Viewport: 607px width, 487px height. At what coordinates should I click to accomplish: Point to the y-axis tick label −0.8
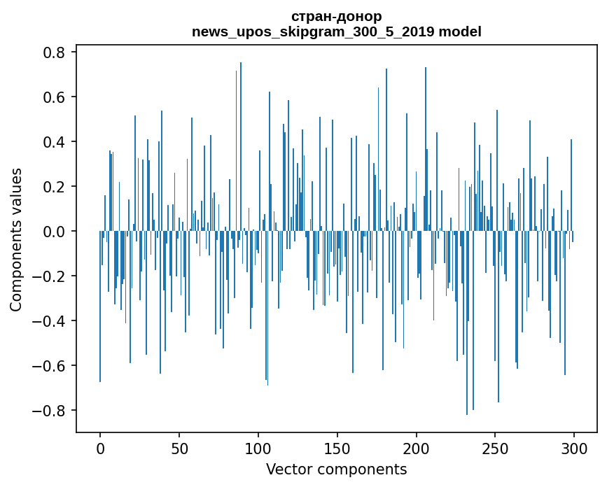coord(49,411)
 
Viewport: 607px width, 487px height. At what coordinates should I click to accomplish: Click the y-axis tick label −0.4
coord(49,321)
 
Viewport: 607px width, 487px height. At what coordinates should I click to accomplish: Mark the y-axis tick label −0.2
coord(49,276)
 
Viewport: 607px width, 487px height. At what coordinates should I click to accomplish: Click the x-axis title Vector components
coord(336,469)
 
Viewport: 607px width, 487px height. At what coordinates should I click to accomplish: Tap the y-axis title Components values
coord(16,239)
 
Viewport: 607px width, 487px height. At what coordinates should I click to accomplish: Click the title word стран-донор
coord(337,16)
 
